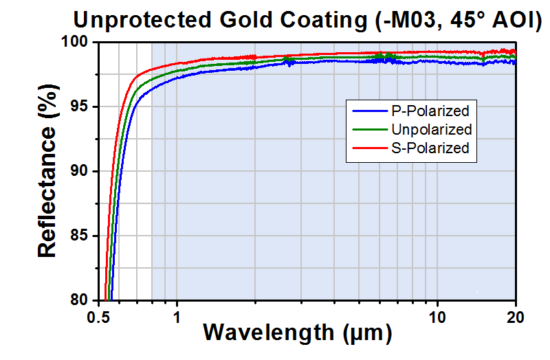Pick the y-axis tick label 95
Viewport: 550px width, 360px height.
[82, 107]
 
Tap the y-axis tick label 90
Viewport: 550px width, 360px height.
[82, 172]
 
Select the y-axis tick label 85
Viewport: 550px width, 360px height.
[82, 236]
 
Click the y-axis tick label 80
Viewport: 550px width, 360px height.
[82, 300]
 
